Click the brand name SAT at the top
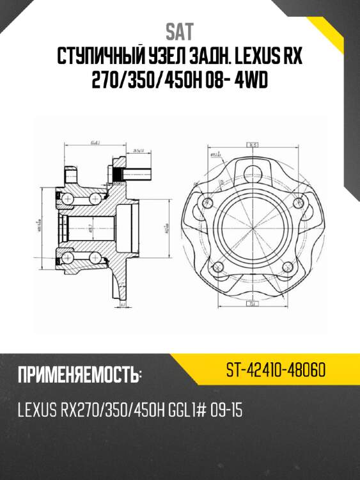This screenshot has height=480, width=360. click(x=179, y=31)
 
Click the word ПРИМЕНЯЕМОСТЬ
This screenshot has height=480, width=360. click(x=77, y=375)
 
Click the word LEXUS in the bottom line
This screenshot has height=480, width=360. click(x=38, y=410)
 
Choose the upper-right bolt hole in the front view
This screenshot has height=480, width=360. click(x=295, y=202)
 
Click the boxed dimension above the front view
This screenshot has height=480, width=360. click(x=253, y=145)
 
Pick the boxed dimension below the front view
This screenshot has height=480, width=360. click(x=253, y=303)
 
